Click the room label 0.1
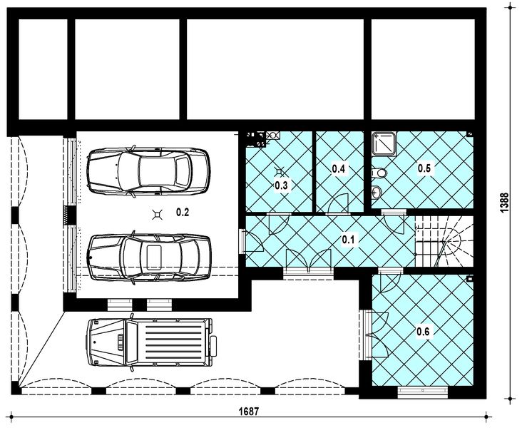348,240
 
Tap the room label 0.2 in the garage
183,212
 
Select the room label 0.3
281,185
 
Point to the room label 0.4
339,168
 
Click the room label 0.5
424,168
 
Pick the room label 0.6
423,332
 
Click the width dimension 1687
248,411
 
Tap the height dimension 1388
504,202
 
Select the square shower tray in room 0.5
384,143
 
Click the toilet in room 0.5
379,173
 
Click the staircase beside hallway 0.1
444,241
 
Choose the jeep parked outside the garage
152,342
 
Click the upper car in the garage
148,170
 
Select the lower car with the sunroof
149,258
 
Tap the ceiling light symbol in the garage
157,214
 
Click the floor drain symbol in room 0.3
280,172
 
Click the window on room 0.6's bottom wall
422,392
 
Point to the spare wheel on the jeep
214,345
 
